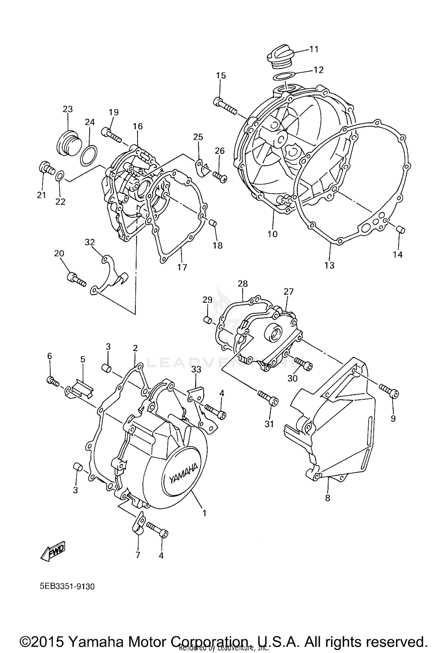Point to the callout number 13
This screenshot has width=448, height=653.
329,265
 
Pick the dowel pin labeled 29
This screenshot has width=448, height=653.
208,320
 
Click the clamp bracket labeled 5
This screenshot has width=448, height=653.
79,390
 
